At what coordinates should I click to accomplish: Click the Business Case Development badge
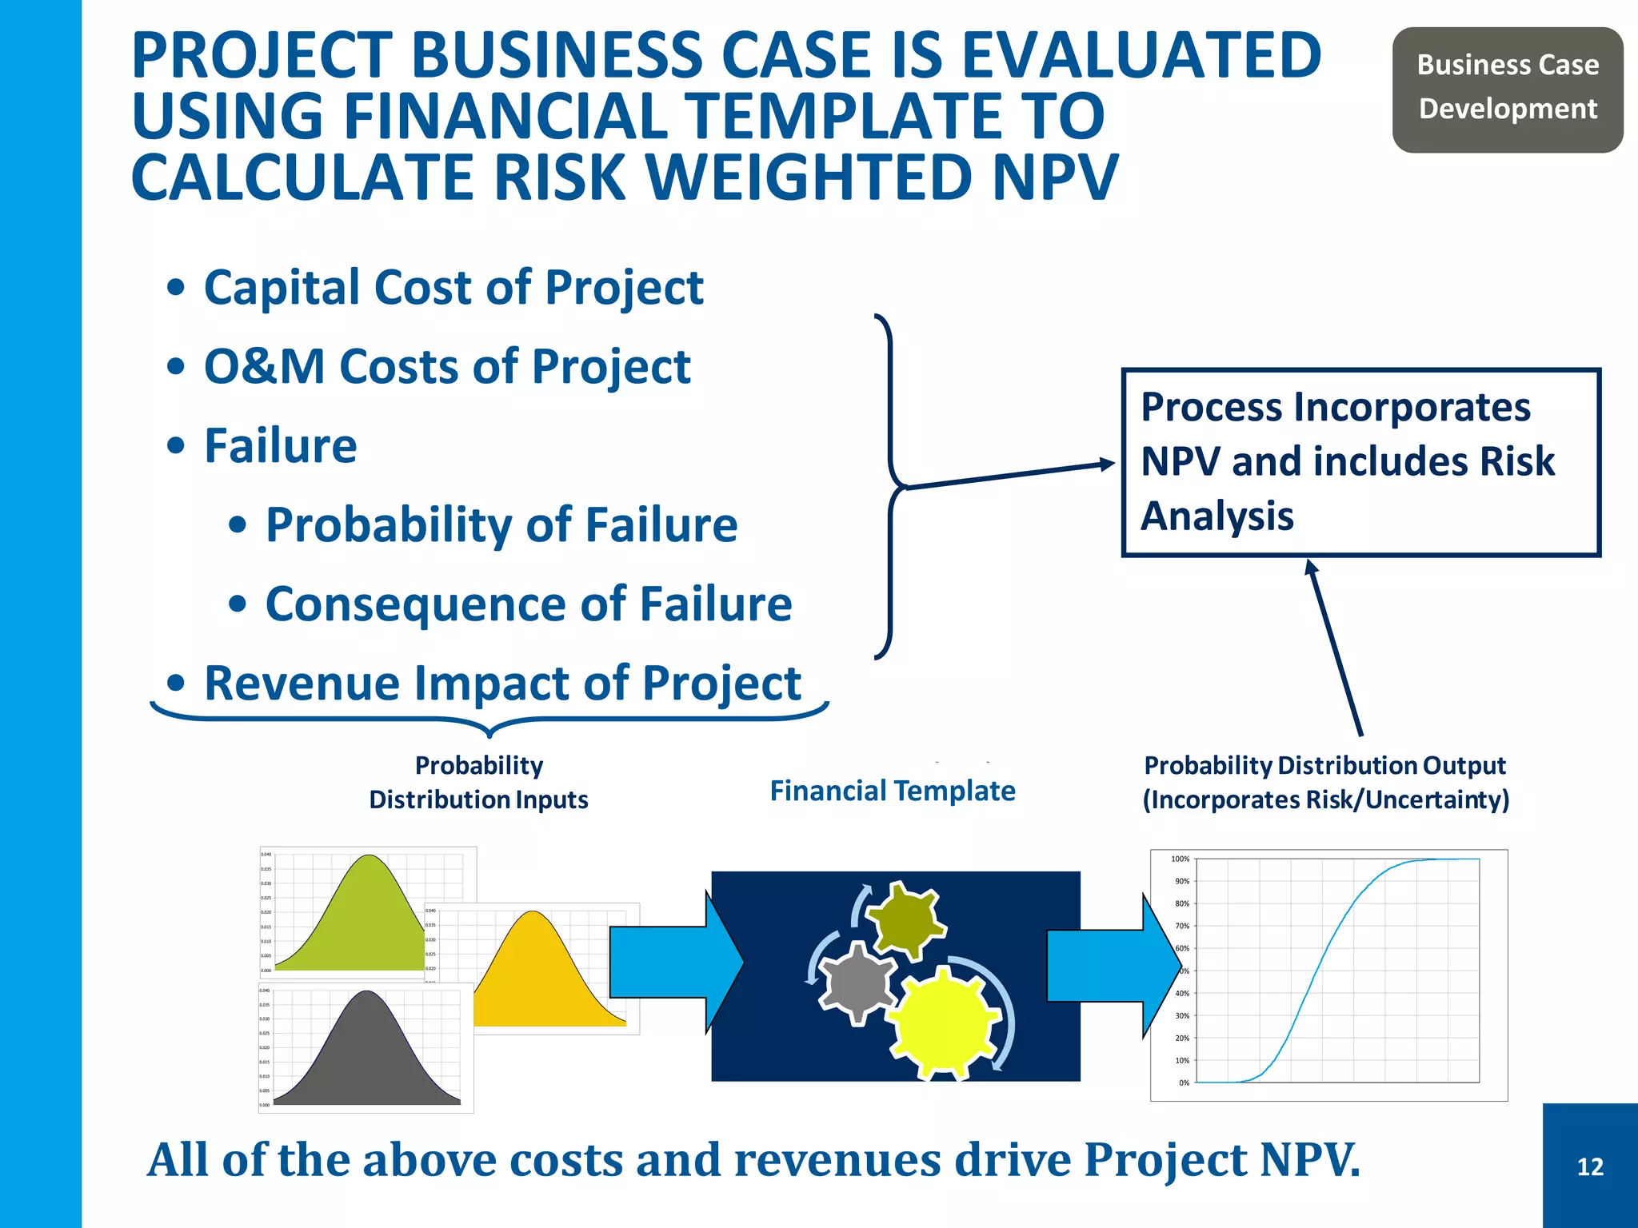[1507, 88]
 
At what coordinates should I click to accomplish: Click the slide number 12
[1590, 1166]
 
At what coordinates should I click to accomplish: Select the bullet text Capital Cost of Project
[453, 288]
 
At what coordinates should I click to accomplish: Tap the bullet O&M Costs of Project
[446, 367]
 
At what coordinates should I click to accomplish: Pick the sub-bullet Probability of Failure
[501, 525]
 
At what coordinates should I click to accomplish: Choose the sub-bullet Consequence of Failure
[528, 604]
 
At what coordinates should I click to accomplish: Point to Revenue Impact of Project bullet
[501, 684]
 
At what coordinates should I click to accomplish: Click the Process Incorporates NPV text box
[1360, 462]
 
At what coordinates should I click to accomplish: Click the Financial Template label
[892, 791]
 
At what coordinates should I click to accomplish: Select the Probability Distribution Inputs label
[478, 783]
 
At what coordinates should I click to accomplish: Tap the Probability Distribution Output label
[1325, 783]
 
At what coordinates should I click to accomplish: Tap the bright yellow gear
[944, 1023]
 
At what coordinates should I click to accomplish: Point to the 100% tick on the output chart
[1180, 859]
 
